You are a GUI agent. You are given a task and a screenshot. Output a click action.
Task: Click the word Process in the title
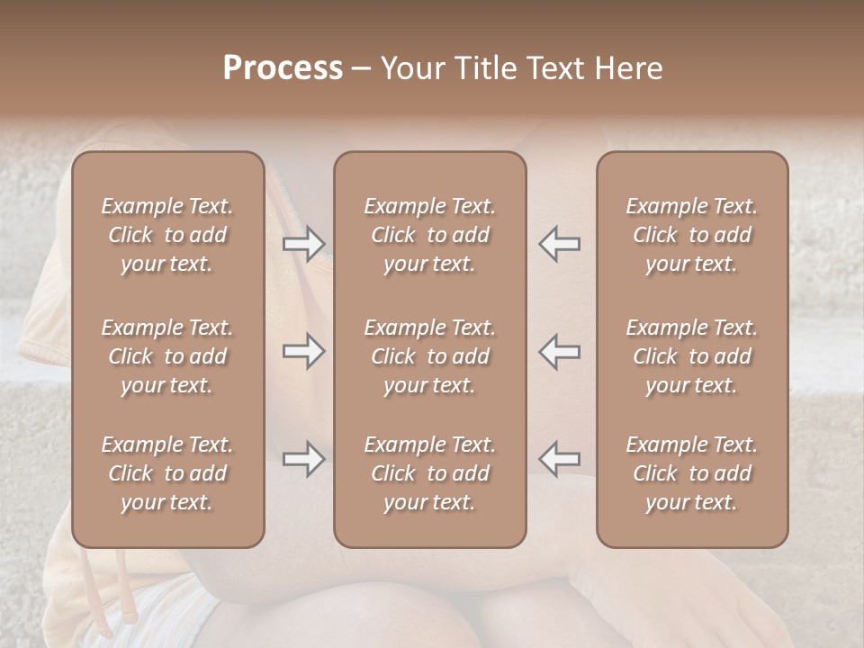283,68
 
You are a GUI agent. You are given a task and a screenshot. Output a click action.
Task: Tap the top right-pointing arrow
304,243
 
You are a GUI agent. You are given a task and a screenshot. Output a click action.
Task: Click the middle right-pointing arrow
304,351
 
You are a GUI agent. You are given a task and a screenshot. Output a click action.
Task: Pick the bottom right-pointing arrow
304,459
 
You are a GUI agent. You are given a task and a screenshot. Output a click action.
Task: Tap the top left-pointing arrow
560,243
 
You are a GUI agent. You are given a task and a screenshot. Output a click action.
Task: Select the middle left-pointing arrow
560,351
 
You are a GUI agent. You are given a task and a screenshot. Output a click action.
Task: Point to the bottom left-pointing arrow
560,459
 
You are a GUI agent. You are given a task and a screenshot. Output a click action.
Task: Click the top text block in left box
167,235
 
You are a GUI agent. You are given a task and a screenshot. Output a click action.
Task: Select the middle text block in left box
167,356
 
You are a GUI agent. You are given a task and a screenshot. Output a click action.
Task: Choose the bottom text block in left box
167,473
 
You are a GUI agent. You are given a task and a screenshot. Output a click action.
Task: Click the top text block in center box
429,235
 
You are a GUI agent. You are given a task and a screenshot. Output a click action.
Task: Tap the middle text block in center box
429,356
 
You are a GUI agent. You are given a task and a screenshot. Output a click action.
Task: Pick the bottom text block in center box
429,473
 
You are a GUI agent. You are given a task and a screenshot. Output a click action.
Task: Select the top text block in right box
691,235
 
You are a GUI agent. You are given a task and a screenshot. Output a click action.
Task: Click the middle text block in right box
691,356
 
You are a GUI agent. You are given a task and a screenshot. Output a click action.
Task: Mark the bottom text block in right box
691,473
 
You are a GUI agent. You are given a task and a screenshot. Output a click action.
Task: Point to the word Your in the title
410,68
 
